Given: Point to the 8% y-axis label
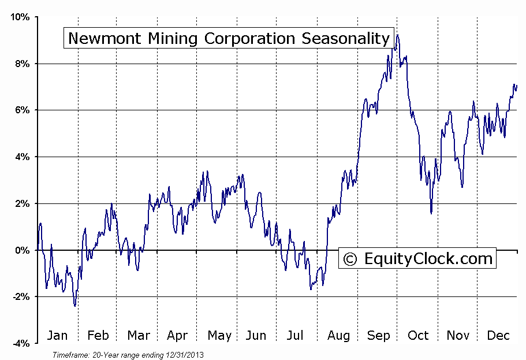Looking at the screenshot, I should click(x=22, y=64).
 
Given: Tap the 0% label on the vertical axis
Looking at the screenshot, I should click(x=22, y=250).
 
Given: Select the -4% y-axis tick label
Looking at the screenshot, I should click(x=20, y=343).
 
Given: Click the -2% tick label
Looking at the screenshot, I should click(x=20, y=296).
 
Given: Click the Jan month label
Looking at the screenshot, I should click(x=57, y=336).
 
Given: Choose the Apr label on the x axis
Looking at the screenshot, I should click(x=177, y=336).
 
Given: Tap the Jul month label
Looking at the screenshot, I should click(x=295, y=336).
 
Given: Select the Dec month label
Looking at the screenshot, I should click(x=497, y=336).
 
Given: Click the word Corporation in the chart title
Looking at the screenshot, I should click(x=248, y=39).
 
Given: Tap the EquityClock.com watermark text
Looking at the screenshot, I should click(x=428, y=258).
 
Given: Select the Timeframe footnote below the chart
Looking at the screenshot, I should click(x=128, y=354).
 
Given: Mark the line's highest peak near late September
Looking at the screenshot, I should click(x=397, y=35).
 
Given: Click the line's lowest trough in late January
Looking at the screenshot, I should click(x=74, y=305).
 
